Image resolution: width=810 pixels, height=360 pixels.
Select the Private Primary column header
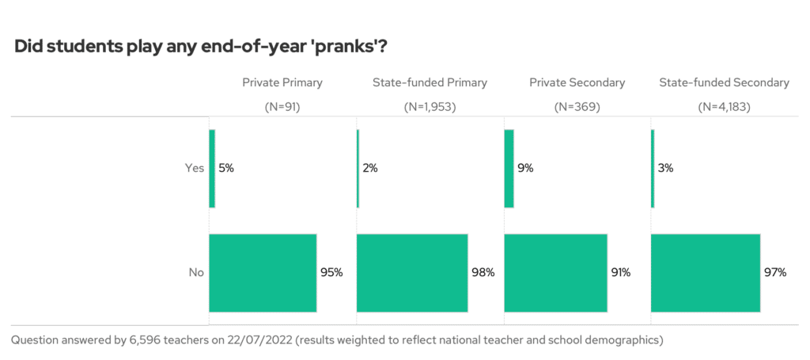[x=282, y=82]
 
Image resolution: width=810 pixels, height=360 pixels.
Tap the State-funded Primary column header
[x=430, y=82]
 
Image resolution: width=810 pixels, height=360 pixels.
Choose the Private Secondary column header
[x=577, y=82]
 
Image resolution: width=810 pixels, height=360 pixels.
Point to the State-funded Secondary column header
[x=724, y=82]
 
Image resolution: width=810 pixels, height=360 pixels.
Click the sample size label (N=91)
[x=282, y=106]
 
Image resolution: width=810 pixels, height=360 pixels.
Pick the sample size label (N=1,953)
[x=430, y=106]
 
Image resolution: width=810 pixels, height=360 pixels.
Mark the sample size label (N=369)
[x=577, y=106]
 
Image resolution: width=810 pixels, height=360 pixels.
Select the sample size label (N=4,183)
[x=724, y=106]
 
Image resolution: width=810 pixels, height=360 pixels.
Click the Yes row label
[x=194, y=168]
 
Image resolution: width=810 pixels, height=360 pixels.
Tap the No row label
[x=196, y=272]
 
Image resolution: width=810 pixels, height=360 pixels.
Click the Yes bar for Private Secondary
[x=509, y=168]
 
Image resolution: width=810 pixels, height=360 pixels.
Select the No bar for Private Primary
[x=263, y=272]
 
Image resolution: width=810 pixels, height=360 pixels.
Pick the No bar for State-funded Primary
[x=412, y=272]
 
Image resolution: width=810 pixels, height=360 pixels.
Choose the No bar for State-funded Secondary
[x=705, y=272]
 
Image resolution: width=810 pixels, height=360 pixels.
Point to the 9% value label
[x=526, y=168]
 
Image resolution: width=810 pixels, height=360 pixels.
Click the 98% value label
[x=483, y=272]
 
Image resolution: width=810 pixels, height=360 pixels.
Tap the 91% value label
[x=620, y=272]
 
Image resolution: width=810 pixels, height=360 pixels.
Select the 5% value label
[x=226, y=168]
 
